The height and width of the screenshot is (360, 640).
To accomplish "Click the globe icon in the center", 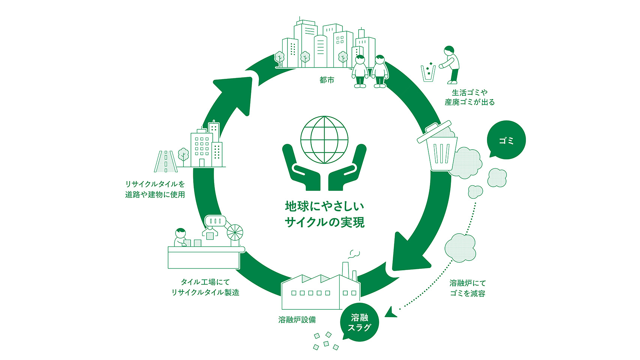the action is pyautogui.click(x=324, y=140).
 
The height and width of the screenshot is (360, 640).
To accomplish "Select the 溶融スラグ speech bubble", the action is pyautogui.click(x=359, y=322).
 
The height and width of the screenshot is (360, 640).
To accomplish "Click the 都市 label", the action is pyautogui.click(x=327, y=80).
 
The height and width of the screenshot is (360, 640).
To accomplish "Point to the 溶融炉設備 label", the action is pyautogui.click(x=297, y=320).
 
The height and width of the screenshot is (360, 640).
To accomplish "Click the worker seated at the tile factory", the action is pyautogui.click(x=181, y=237).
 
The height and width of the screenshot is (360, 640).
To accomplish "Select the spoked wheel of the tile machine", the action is pyautogui.click(x=235, y=232).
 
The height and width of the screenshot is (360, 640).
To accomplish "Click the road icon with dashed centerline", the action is pyautogui.click(x=166, y=161).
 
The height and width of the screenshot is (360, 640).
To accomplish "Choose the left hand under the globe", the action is pyautogui.click(x=301, y=167).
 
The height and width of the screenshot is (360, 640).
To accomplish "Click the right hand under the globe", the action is pyautogui.click(x=347, y=167).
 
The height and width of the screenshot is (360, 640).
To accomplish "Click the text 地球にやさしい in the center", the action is pyautogui.click(x=325, y=206).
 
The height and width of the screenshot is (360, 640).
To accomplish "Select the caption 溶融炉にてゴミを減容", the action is pyautogui.click(x=468, y=288).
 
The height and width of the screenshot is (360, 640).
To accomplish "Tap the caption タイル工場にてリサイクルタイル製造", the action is pyautogui.click(x=205, y=287).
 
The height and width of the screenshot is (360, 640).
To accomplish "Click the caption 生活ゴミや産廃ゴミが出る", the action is pyautogui.click(x=469, y=97).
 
